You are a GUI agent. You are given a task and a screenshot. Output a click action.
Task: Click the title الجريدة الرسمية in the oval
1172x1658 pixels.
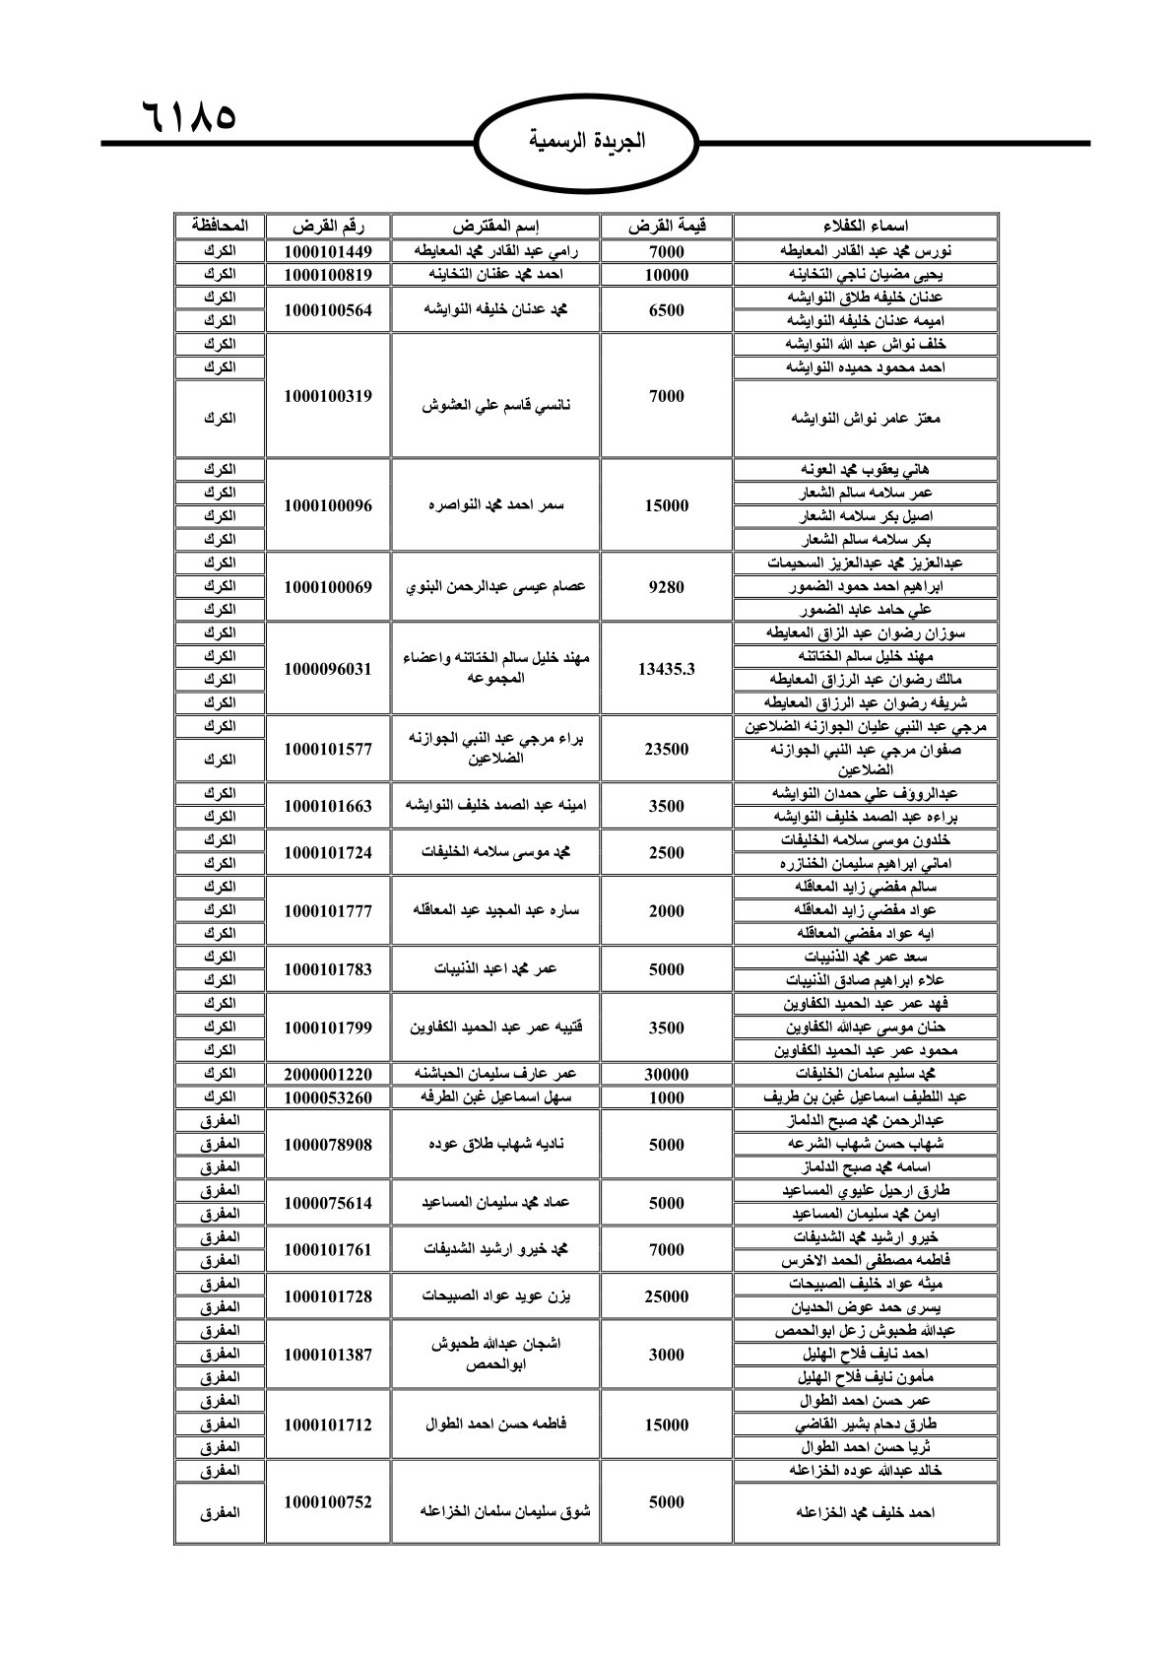(586, 140)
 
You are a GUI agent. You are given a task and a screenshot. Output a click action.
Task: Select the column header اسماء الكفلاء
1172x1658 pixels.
(865, 227)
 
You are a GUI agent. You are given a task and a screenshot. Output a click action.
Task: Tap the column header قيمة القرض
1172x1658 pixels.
(666, 227)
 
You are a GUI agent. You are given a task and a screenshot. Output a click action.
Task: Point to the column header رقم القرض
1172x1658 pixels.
(329, 227)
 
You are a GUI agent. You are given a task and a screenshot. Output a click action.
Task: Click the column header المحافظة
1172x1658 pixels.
(221, 227)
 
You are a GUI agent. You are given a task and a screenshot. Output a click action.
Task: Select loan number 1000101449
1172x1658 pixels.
(329, 250)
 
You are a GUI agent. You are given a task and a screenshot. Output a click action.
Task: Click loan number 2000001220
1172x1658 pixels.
(329, 1074)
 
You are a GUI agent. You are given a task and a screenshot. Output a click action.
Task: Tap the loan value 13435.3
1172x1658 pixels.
(666, 669)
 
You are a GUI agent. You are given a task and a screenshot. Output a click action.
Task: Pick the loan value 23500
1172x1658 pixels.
(666, 749)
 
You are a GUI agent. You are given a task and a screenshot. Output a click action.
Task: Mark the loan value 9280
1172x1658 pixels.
(666, 587)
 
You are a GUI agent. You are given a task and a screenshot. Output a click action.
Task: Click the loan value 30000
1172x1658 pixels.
(666, 1074)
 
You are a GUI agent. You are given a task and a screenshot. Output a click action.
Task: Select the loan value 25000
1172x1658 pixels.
(666, 1296)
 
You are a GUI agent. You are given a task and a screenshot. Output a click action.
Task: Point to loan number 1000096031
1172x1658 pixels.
(329, 669)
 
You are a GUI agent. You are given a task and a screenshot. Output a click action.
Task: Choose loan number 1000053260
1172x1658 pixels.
(329, 1097)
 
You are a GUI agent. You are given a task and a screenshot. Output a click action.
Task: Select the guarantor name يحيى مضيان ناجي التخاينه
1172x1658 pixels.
(865, 274)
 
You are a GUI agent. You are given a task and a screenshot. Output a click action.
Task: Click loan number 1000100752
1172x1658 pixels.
(329, 1502)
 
